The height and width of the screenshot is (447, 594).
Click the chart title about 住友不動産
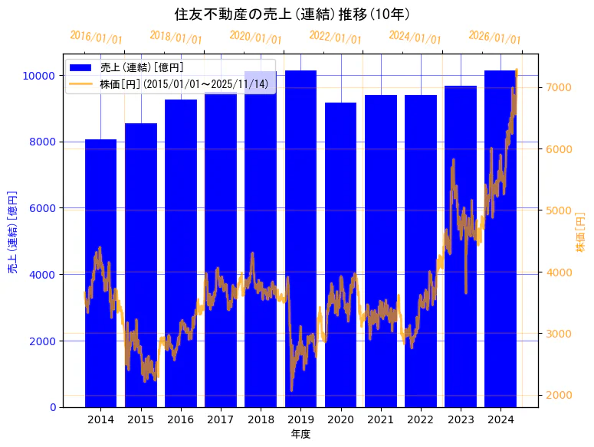pos(297,15)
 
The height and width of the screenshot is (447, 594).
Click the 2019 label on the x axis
pos(300,419)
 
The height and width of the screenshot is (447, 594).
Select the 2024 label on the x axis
pos(500,419)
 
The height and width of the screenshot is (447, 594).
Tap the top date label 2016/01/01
pos(96,37)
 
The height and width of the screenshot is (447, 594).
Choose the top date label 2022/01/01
pos(335,37)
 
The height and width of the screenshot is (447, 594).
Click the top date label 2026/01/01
pos(494,37)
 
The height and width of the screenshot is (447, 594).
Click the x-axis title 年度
pos(300,435)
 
